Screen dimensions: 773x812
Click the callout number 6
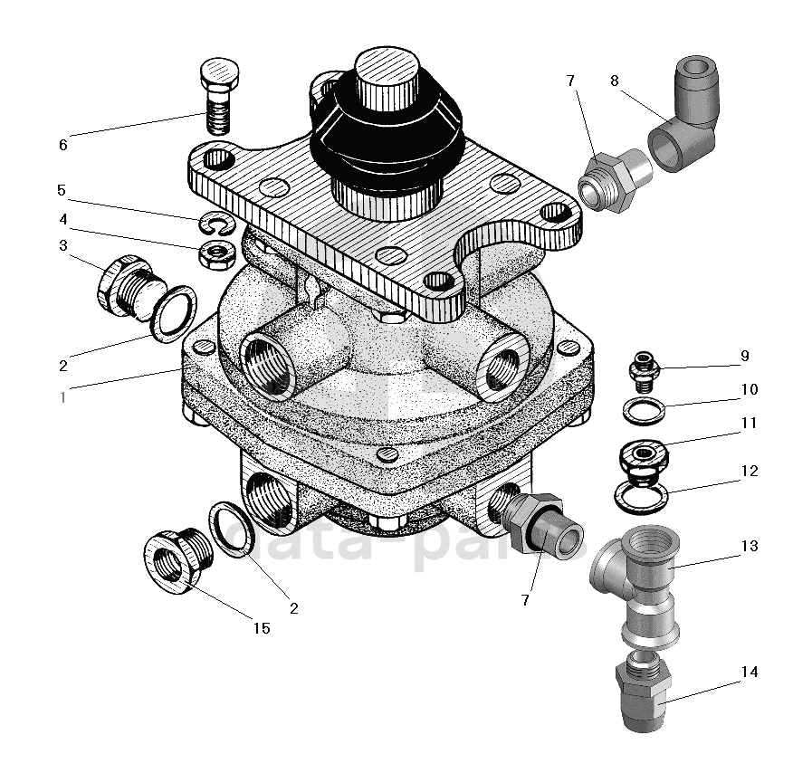click(x=62, y=145)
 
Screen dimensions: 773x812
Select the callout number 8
click(x=615, y=81)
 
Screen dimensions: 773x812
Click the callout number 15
click(x=261, y=628)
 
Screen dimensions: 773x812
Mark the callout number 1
click(x=62, y=396)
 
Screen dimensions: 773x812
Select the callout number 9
click(x=744, y=356)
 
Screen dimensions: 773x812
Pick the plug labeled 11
click(x=642, y=457)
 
